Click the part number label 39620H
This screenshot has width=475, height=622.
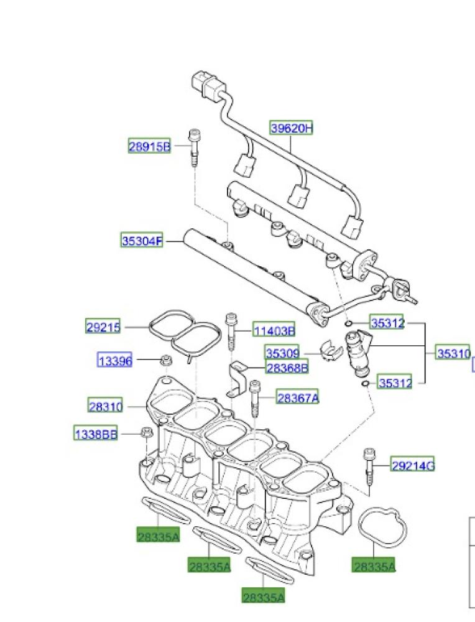tap(291, 129)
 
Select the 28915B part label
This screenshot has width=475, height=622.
tap(149, 147)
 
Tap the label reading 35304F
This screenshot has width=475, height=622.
tap(141, 240)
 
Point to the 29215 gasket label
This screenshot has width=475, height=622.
tap(103, 327)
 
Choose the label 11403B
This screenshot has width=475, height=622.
tap(274, 330)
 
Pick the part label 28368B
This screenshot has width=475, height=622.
tap(287, 368)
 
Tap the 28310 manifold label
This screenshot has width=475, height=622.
tap(106, 406)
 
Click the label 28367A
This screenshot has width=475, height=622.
tap(298, 397)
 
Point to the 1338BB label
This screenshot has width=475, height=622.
tap(96, 434)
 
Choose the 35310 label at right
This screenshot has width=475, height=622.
tap(453, 353)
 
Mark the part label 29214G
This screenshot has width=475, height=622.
tap(412, 464)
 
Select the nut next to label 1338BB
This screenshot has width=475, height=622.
tap(147, 433)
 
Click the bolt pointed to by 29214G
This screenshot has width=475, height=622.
tap(369, 468)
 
